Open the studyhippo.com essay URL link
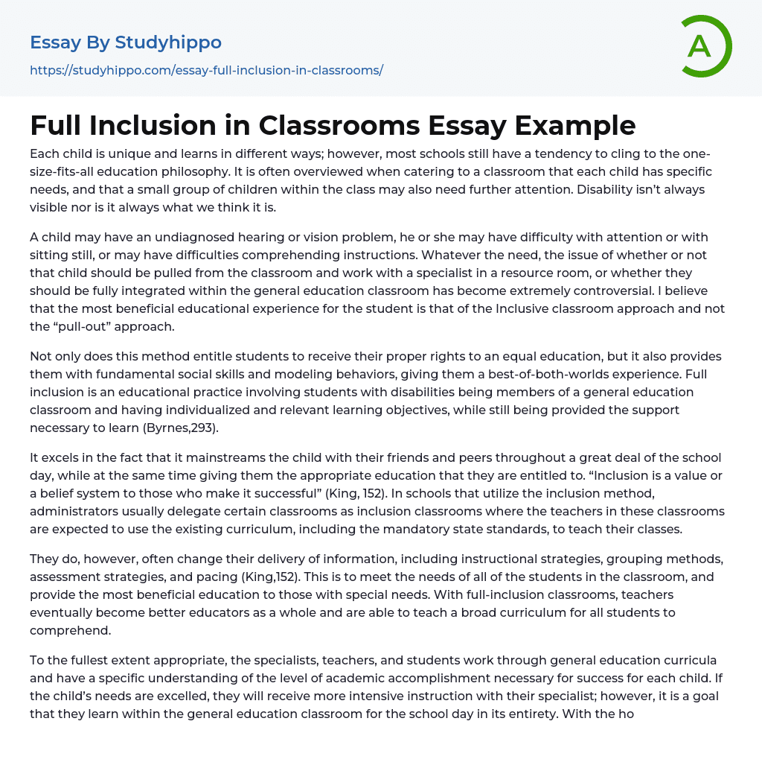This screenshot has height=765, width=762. point(206,71)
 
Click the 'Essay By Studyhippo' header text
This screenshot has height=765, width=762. point(126,42)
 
